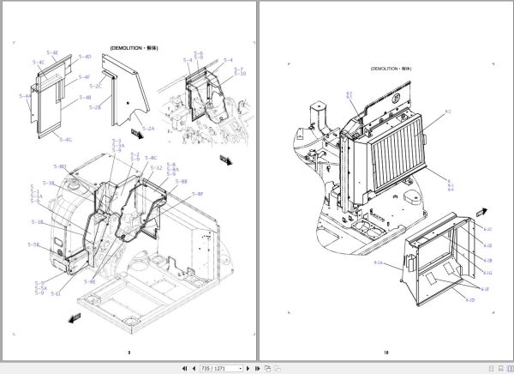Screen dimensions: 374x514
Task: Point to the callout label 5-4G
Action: (65, 139)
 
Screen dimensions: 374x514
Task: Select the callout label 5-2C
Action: (96, 87)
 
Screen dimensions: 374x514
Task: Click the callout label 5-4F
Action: (84, 77)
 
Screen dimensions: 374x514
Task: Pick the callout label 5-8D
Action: (60, 166)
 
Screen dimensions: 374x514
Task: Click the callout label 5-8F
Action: (197, 194)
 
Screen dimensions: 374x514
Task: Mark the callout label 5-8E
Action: (90, 281)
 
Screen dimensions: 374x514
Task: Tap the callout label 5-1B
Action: (38, 222)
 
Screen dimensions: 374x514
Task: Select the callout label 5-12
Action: (156, 167)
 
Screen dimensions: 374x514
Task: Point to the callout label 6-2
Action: (447, 112)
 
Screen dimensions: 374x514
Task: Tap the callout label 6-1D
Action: (469, 299)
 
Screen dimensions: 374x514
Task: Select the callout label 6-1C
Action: (487, 229)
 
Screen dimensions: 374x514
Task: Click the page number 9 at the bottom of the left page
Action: (128, 352)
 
